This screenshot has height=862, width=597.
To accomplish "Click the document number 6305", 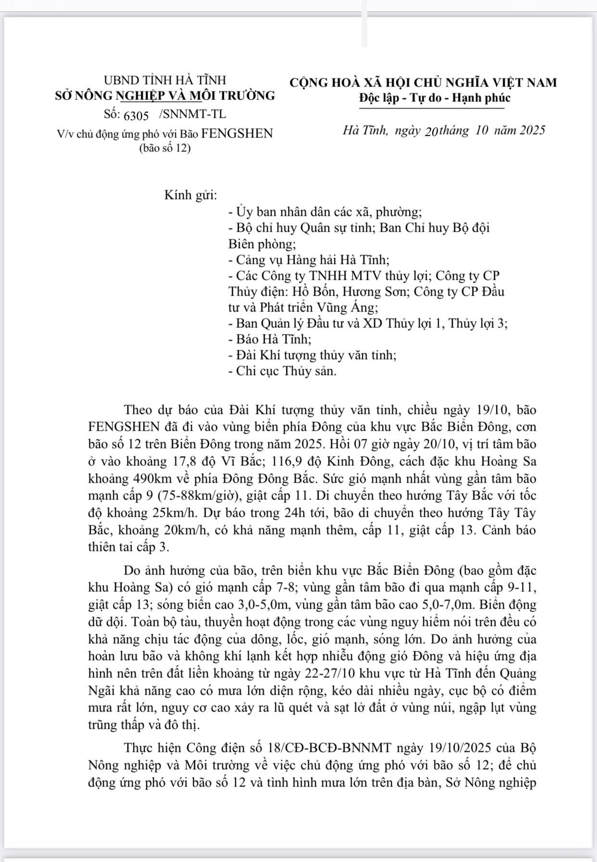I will [136, 116].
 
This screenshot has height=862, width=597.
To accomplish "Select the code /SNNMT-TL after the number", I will [192, 114].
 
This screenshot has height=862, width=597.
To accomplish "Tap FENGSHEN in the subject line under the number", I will [237, 133].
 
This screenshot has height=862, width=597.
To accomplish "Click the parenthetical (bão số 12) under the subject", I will [165, 148].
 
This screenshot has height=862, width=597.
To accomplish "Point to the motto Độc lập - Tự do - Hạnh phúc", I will [435, 98].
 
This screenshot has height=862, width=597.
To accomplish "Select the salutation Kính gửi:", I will [191, 196].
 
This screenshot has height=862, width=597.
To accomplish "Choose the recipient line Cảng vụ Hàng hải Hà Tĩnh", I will [309, 260].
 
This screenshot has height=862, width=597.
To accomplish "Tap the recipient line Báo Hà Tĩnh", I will [270, 339].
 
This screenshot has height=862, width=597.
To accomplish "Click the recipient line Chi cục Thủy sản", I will [282, 371].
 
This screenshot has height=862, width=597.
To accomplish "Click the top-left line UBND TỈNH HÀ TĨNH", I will [165, 80].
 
